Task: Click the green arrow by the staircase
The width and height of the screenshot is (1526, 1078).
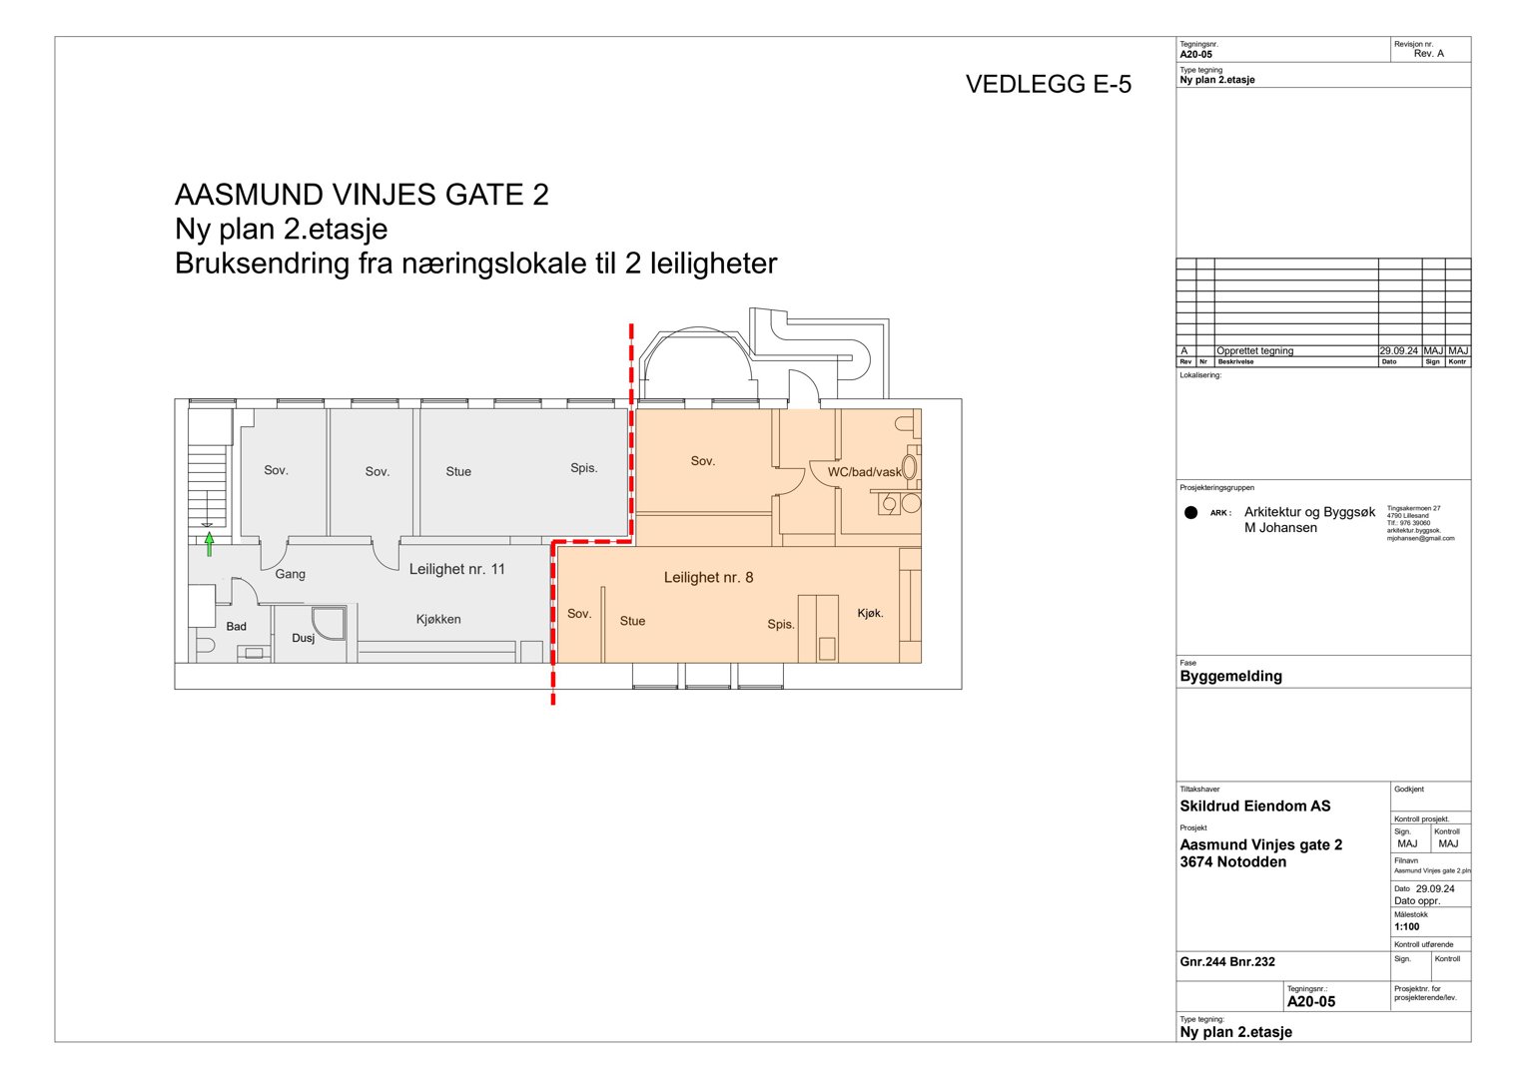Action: click(x=210, y=544)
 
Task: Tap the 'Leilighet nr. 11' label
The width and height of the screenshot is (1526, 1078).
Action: click(x=457, y=569)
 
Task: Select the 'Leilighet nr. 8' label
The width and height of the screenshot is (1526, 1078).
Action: click(x=708, y=577)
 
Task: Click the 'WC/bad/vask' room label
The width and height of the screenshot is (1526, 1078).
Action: click(x=864, y=472)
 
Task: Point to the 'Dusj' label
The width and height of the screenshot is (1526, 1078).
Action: click(x=303, y=638)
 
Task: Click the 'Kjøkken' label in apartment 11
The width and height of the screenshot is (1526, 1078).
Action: click(x=438, y=619)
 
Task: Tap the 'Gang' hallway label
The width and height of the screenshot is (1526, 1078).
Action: click(x=291, y=574)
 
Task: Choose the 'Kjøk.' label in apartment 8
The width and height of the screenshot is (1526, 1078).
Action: click(x=870, y=613)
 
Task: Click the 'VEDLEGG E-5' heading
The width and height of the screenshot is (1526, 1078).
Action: click(x=1048, y=85)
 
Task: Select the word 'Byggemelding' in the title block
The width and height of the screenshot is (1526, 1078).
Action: click(x=1230, y=676)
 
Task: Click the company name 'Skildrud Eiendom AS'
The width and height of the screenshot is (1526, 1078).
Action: click(x=1254, y=806)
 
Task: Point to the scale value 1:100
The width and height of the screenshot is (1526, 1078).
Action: click(x=1406, y=926)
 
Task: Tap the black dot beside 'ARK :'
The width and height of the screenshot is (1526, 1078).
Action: click(x=1190, y=513)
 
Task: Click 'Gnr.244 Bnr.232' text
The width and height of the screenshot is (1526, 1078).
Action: click(x=1227, y=962)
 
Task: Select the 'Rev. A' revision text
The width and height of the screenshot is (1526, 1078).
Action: click(x=1428, y=54)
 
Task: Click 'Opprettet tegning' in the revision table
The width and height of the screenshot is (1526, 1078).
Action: click(x=1254, y=350)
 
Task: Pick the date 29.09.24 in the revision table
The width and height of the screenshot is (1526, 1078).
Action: click(x=1399, y=350)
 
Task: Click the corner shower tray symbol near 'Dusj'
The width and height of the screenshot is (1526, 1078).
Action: click(x=330, y=622)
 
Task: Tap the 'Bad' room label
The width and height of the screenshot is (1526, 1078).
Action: click(x=236, y=626)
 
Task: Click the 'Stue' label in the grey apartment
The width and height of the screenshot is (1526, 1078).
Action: click(x=458, y=471)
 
